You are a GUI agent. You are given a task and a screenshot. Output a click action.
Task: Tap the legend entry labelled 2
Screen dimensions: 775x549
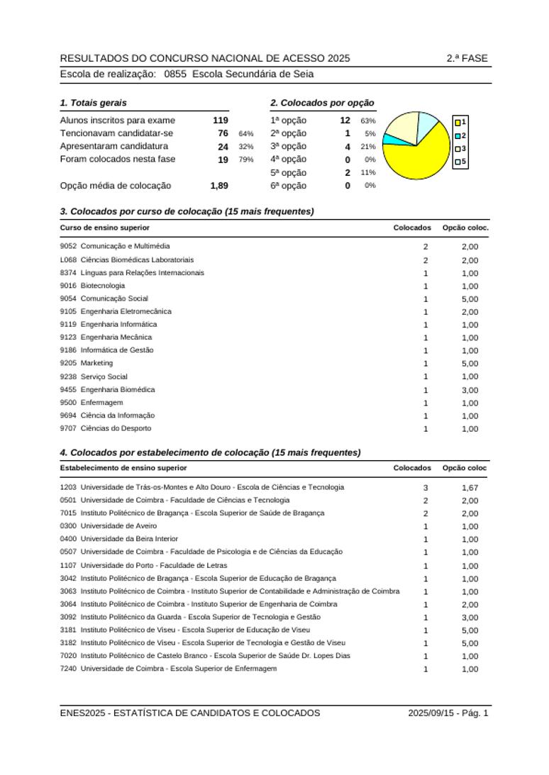[460, 135]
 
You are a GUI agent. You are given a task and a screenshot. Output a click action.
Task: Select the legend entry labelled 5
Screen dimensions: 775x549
[460, 162]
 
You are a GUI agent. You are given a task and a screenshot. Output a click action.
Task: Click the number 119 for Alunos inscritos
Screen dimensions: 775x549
[220, 121]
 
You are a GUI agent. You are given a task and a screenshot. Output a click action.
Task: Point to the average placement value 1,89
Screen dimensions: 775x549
[219, 186]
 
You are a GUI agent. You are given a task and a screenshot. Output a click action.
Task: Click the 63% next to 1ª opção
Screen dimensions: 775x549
[368, 121]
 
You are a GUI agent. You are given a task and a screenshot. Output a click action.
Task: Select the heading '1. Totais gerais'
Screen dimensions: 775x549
[94, 103]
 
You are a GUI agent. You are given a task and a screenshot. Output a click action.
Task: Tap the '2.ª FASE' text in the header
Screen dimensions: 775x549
[467, 58]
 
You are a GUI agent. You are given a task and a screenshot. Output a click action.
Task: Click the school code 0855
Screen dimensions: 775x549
[175, 74]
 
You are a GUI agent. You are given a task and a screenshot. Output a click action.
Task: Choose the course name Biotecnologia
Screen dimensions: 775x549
[102, 286]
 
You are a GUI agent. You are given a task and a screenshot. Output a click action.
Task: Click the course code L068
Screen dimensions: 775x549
[68, 260]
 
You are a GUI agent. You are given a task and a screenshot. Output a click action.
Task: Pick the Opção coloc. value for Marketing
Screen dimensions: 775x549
[470, 364]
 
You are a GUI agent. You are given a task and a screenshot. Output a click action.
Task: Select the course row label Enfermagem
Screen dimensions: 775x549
[101, 403]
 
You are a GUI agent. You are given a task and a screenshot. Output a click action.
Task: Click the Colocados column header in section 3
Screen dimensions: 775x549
[412, 228]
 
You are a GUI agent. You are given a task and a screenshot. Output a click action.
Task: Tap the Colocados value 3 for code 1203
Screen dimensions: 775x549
[426, 488]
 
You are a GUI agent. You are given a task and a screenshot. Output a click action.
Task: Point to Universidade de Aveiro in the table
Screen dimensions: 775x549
[118, 526]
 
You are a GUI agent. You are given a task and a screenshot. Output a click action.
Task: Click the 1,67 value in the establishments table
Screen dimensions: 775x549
[470, 488]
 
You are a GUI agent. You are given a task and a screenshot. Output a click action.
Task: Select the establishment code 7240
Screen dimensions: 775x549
[68, 669]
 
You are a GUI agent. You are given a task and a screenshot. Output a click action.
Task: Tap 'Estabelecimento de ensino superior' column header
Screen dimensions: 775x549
[123, 468]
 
